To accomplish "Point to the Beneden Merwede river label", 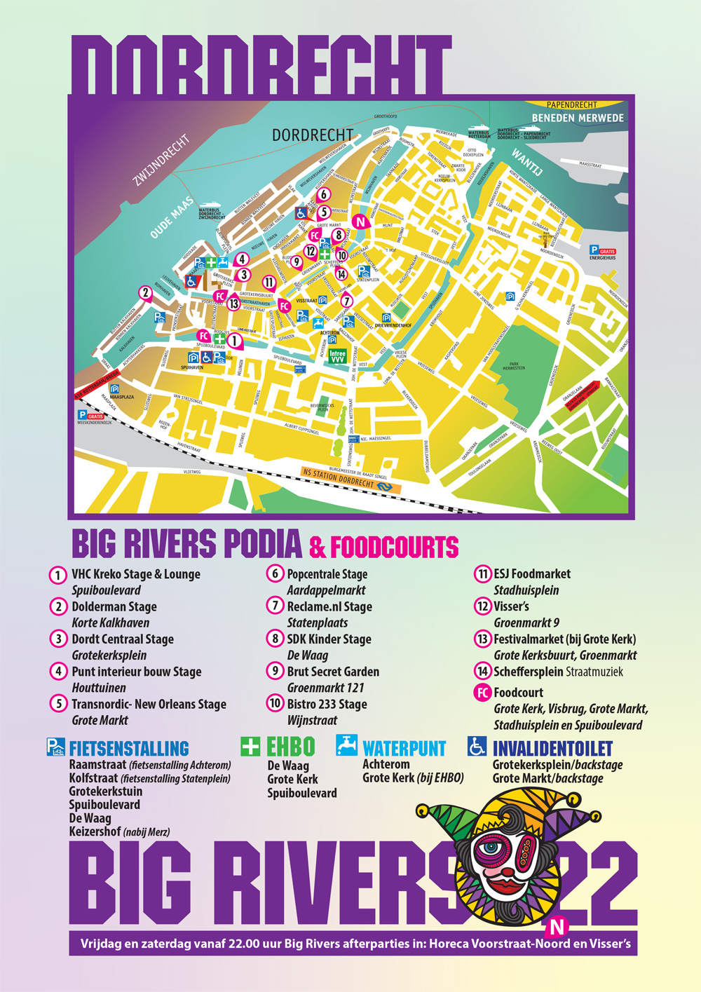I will pos(577,118).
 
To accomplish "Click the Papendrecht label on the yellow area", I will pos(572,105).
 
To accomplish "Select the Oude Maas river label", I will pos(172,217).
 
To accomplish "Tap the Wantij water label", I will pos(528,161).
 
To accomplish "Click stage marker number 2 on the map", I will pos(145,292).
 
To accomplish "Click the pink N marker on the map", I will pos(360,222).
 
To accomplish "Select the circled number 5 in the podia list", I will pos(58,704).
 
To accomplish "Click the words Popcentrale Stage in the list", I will pos(327,574).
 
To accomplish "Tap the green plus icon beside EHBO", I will pos(250,746).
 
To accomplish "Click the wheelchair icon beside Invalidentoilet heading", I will pos(477,746).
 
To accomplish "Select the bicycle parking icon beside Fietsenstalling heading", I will pos(56,747).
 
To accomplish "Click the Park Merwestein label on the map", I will pos(514,366).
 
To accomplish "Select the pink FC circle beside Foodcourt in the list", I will pos(482,693).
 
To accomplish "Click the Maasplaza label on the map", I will pos(121,397).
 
